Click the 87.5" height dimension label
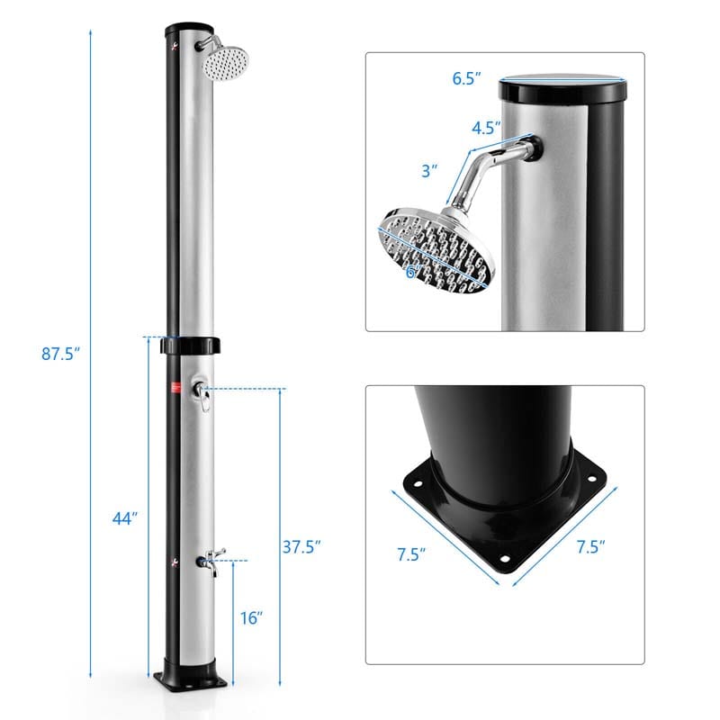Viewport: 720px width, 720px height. click(61, 354)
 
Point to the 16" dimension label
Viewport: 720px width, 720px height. click(252, 618)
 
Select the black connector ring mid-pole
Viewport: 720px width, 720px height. click(189, 346)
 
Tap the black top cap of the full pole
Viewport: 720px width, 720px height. click(189, 27)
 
